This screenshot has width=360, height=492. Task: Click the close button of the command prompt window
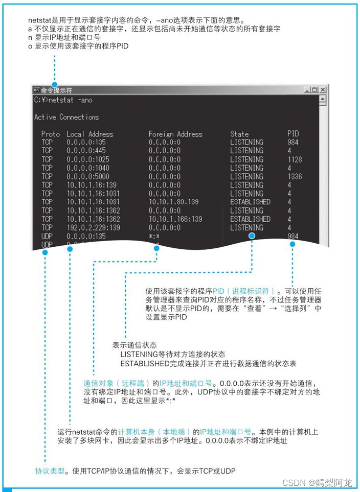click(x=323, y=90)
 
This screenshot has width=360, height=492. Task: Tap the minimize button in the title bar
click(x=306, y=90)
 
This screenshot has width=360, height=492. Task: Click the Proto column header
click(x=51, y=134)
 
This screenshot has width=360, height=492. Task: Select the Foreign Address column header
click(x=175, y=134)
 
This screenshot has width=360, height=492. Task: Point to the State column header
click(x=239, y=134)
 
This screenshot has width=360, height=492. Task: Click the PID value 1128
click(x=295, y=159)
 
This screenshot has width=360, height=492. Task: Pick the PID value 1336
click(x=295, y=176)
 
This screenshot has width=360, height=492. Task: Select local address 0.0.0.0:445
click(x=86, y=151)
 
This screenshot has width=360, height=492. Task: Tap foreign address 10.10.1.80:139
click(x=173, y=202)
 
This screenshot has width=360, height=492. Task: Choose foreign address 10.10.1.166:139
click(x=175, y=219)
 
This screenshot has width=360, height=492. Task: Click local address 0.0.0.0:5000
click(x=88, y=176)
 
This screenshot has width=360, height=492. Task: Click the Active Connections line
click(x=66, y=117)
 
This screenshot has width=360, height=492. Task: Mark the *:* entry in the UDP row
click(x=154, y=236)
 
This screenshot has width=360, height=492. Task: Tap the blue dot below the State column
click(x=252, y=236)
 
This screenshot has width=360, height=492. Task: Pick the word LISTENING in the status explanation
click(x=138, y=354)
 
